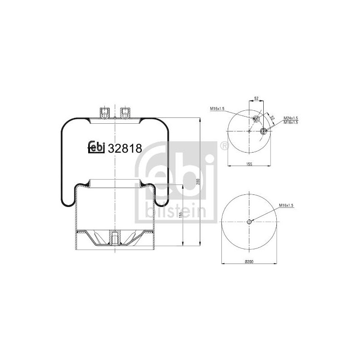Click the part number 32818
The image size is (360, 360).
coord(125,148)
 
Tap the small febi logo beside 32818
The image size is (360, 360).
coord(97,147)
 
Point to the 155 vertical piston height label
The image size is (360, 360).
coord(180,215)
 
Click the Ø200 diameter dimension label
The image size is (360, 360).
coord(249,261)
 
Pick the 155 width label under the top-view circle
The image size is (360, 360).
coord(249,164)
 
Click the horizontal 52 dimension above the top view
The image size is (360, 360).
coord(256,99)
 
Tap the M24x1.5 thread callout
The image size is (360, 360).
coord(291,118)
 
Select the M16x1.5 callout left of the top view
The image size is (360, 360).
coord(217,108)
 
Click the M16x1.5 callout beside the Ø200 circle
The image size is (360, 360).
coord(286,206)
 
